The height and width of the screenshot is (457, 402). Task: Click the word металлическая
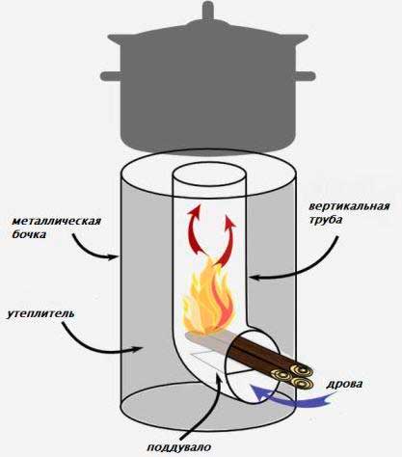point(57,222)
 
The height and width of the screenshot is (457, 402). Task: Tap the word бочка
point(29,234)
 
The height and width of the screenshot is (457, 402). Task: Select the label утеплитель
point(40,313)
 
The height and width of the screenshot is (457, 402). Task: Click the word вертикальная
point(349,206)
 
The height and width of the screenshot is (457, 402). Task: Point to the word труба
point(325,221)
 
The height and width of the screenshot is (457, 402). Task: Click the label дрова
point(344,385)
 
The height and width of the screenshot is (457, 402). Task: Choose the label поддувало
point(179,447)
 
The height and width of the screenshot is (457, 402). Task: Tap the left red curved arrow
point(195,228)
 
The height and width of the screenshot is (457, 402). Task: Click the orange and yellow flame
point(208,301)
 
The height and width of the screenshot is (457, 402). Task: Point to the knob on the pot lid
point(207,12)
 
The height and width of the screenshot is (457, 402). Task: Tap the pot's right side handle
point(305,76)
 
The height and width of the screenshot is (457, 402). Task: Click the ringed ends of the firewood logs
point(293,376)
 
